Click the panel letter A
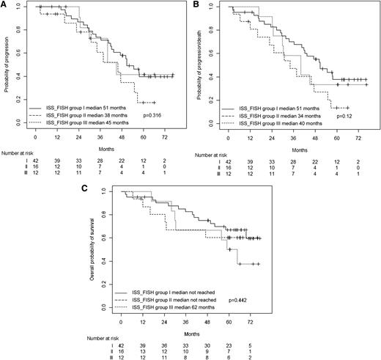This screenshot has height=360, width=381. [x=4, y=5]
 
